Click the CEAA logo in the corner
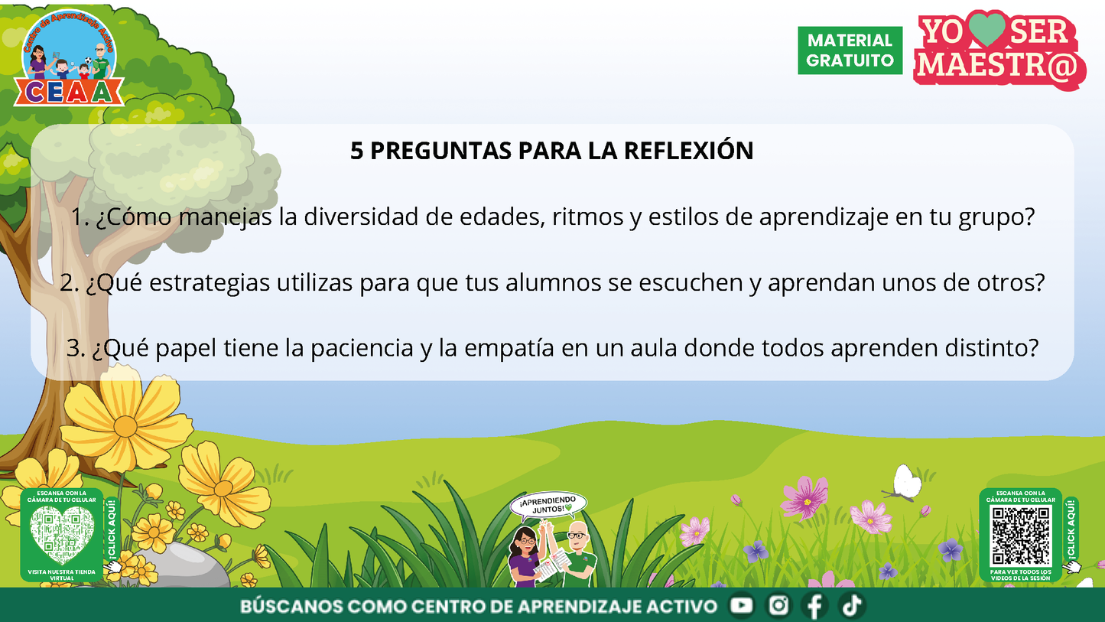point(68,58)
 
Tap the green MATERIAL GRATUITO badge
point(850,50)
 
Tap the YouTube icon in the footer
point(741,606)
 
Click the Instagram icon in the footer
point(778,606)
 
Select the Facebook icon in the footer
point(814,606)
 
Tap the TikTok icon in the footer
point(851,606)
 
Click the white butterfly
point(907,483)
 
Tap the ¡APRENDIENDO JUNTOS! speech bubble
point(548,505)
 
